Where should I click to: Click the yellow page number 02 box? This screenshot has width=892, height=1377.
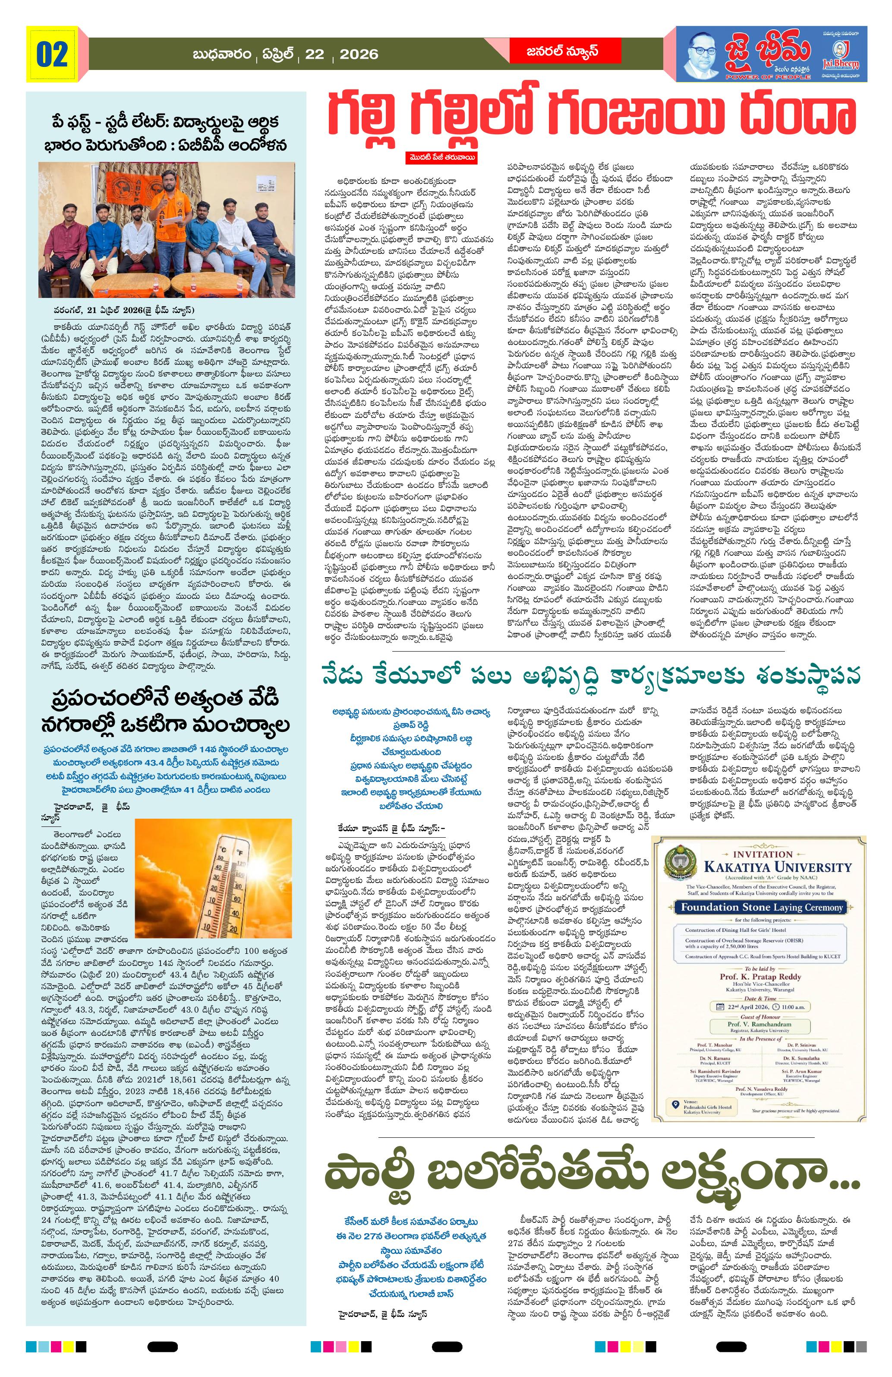point(52,56)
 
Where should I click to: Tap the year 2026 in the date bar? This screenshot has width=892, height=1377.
point(359,54)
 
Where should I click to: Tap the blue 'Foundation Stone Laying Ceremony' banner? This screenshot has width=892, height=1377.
point(761,907)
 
